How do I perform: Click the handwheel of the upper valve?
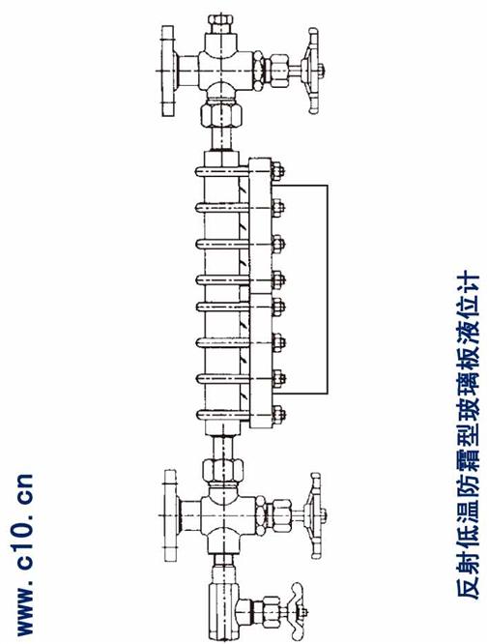[x=313, y=71]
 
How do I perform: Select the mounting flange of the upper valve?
[x=168, y=71]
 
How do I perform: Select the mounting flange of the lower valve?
[x=171, y=515]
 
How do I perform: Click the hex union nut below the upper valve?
[x=221, y=115]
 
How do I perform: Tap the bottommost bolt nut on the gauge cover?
[x=278, y=414]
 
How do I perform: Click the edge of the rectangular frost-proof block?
[x=328, y=289]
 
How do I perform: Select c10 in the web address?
[x=24, y=542]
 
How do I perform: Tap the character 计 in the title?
[x=467, y=283]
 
